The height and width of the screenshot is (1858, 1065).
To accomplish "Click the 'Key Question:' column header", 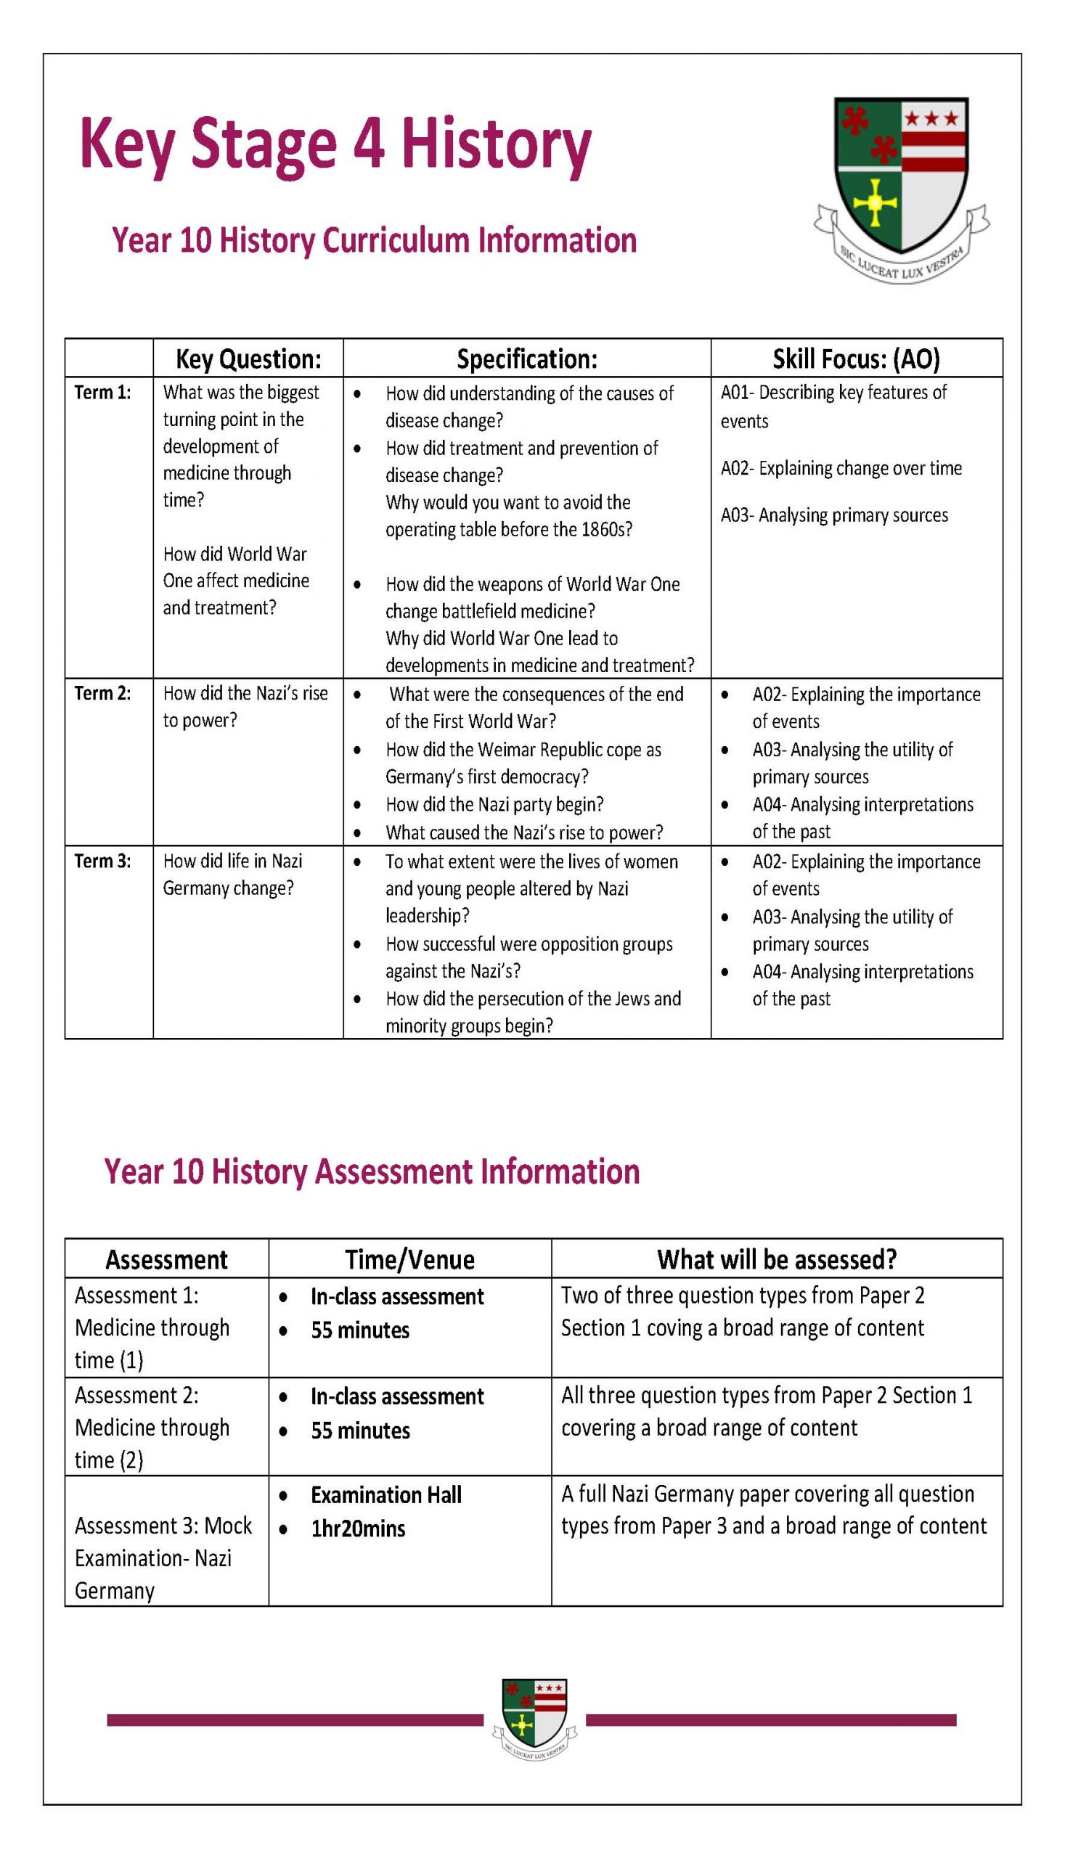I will tap(248, 359).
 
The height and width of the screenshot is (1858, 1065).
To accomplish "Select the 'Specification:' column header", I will tap(526, 359).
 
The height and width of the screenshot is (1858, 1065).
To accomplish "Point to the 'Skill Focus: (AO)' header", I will tap(856, 359).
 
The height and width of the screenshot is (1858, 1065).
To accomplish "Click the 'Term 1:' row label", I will tap(102, 393).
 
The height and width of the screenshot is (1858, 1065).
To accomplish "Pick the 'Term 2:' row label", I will tap(102, 693).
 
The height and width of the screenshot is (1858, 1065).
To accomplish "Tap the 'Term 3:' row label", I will tap(102, 862).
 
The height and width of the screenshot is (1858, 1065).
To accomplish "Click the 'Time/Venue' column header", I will tap(409, 1259).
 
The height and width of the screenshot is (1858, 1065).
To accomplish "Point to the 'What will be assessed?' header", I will tap(776, 1259).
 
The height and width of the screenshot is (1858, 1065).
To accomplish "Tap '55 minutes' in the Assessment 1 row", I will tap(360, 1330).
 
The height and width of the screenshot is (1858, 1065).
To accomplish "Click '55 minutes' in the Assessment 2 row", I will tap(360, 1431).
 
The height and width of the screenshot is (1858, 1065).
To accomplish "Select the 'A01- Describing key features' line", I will tap(833, 393).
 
